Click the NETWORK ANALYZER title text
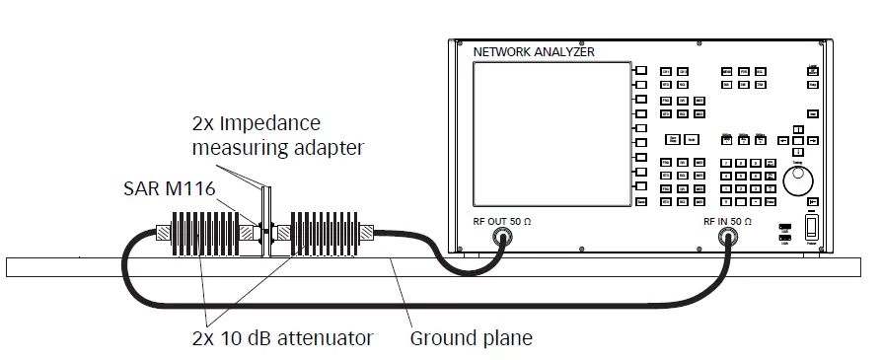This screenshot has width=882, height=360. (534, 51)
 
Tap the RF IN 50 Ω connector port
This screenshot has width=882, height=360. (730, 236)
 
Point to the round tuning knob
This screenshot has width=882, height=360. (797, 181)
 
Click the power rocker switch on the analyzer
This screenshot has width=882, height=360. (812, 229)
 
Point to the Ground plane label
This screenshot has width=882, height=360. (471, 338)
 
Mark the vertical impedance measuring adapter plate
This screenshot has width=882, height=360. (263, 212)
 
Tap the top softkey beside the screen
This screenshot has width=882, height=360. (640, 71)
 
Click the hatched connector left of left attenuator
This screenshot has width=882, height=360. (163, 234)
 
